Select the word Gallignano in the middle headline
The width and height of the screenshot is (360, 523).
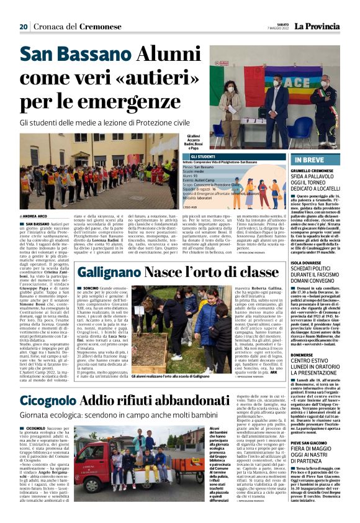(x=109, y=271)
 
